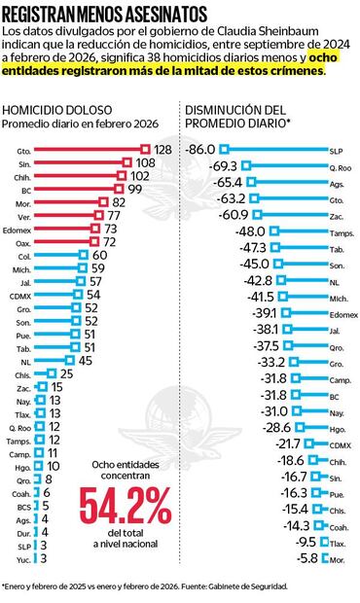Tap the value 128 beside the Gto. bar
pyautogui.click(x=162, y=149)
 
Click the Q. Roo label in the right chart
pyautogui.click(x=338, y=165)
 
